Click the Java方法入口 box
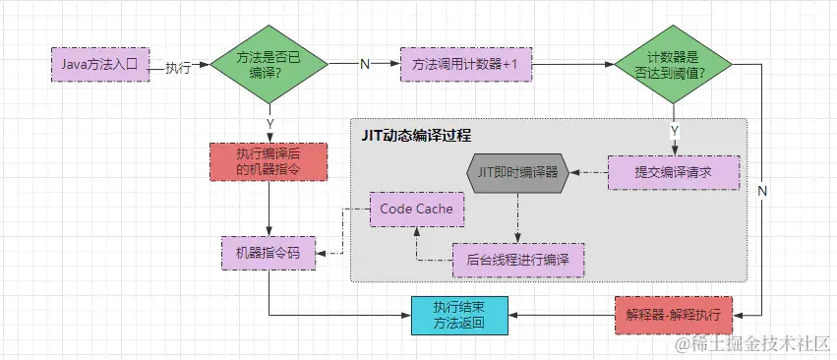click(98, 65)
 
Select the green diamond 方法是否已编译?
click(269, 65)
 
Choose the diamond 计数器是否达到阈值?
click(674, 65)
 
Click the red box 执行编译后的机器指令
click(269, 161)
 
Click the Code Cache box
click(417, 210)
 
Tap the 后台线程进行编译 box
click(518, 260)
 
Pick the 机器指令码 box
click(269, 253)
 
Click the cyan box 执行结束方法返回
click(459, 315)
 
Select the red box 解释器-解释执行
click(674, 315)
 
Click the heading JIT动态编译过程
click(415, 135)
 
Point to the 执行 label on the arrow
click(178, 67)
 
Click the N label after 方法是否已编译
click(364, 65)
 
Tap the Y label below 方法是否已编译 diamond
click(269, 124)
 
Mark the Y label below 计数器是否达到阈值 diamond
click(674, 129)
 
